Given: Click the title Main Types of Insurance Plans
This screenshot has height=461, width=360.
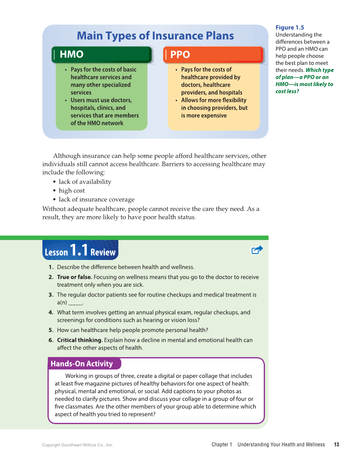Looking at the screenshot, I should (155, 36).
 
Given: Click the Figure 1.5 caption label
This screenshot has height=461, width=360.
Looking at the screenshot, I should (290, 28).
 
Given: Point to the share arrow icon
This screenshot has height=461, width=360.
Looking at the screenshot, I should (257, 250).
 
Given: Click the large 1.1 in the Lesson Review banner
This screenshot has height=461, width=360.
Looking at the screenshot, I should (79, 250).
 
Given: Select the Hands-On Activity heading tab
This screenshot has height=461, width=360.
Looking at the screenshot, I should (82, 364).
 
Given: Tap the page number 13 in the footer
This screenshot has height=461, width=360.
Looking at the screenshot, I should (336, 444).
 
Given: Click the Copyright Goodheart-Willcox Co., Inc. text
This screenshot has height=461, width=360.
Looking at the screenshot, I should (78, 445).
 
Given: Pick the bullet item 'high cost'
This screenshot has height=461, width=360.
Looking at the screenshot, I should (72, 191).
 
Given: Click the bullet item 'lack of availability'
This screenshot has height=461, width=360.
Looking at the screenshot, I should (85, 182).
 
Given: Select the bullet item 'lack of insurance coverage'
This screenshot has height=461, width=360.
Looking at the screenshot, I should (96, 200).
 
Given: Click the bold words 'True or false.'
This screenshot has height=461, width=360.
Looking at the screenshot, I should (74, 277).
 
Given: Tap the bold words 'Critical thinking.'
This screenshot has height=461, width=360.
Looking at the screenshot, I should (80, 340).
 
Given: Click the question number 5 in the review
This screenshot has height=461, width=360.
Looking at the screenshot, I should (51, 330).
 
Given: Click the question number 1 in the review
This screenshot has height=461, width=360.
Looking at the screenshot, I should (51, 267).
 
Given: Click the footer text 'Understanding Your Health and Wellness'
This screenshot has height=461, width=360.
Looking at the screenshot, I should (281, 444).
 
